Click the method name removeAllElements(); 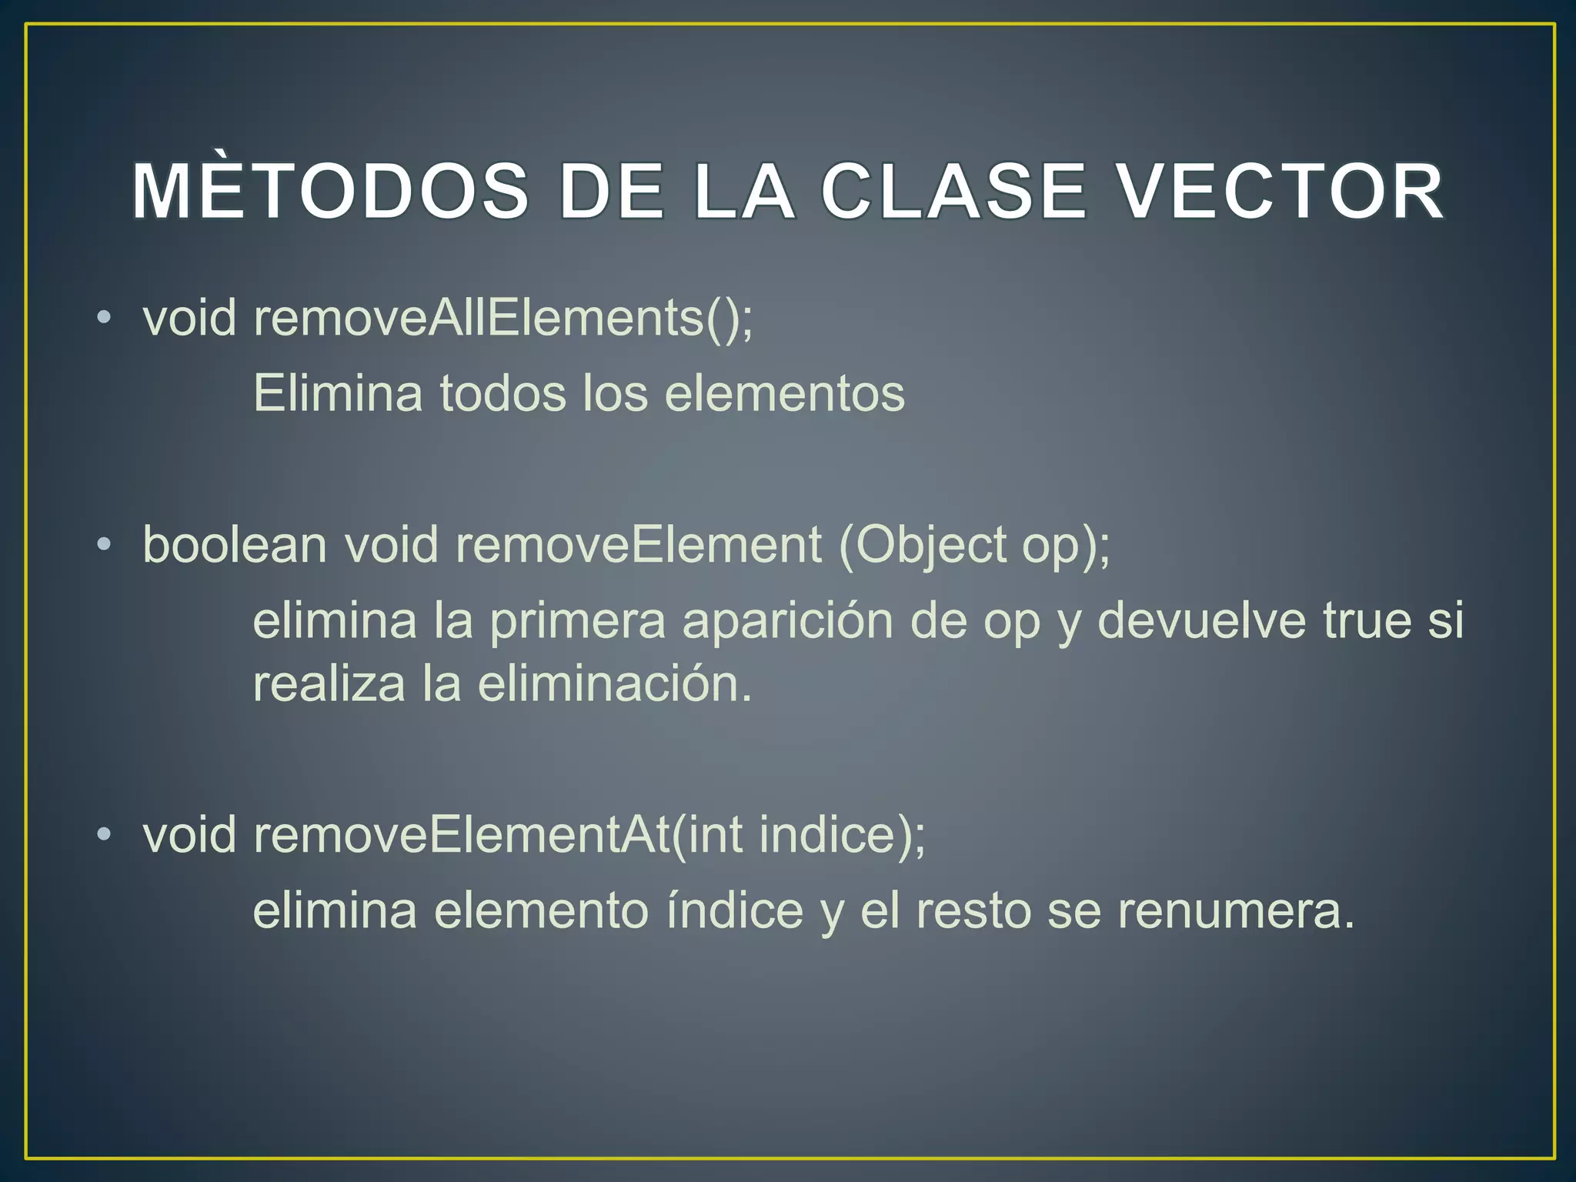pos(503,317)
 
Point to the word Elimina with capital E pos(338,393)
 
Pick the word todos pos(503,393)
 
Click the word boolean pos(235,544)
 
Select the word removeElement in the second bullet pos(639,544)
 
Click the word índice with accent pos(735,910)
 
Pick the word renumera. pos(1235,910)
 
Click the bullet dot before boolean pos(105,546)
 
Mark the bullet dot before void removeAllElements pos(105,318)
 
